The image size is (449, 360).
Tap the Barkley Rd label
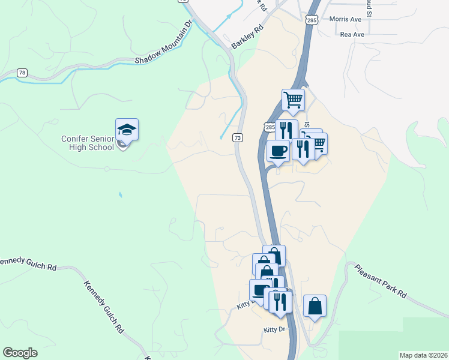tap(248, 37)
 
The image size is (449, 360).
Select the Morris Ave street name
tap(345, 19)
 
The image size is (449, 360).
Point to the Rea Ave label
tap(352, 35)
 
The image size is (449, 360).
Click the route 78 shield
tap(22, 73)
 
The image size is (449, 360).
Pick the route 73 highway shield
tap(238, 137)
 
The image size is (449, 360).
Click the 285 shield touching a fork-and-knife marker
tap(270, 127)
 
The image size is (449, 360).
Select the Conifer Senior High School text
tap(88, 143)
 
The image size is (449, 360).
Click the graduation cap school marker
tap(127, 130)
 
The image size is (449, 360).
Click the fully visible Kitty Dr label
tap(276, 330)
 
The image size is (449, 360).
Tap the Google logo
tap(20, 352)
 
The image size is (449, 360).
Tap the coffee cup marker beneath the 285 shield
tap(278, 151)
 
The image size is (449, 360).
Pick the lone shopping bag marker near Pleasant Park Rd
tap(315, 306)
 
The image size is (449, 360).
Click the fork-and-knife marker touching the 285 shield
tap(286, 130)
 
